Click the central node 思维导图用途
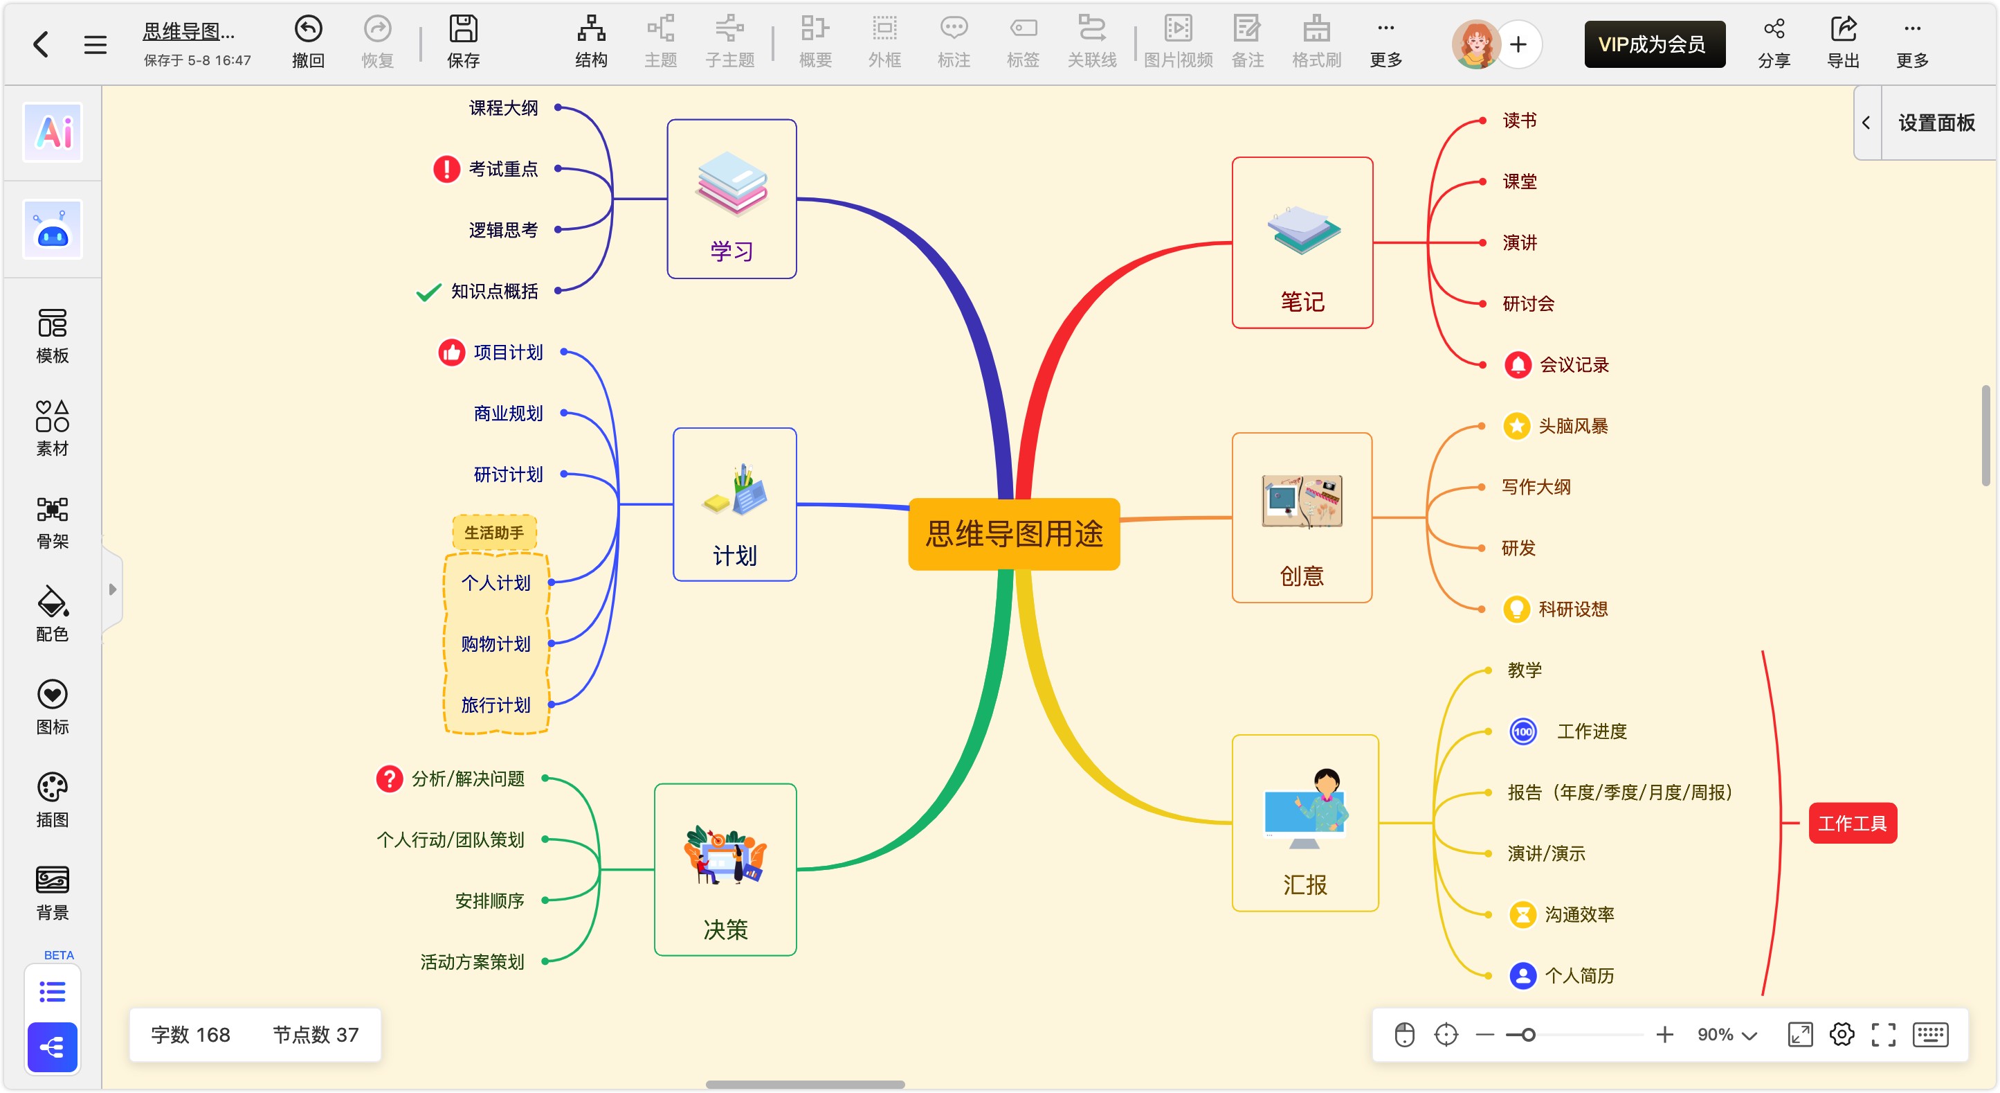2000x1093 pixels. (x=1013, y=533)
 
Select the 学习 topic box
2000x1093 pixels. (x=731, y=199)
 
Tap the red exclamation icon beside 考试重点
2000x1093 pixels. (x=446, y=168)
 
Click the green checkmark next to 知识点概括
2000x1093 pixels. (x=428, y=292)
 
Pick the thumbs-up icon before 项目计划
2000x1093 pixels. (x=451, y=353)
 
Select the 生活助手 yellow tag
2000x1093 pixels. (x=494, y=533)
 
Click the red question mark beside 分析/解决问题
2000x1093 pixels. (x=389, y=779)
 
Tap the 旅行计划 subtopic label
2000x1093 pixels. (x=496, y=704)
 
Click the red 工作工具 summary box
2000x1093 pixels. (x=1852, y=823)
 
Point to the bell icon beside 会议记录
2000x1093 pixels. (x=1517, y=364)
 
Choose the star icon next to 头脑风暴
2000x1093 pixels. (x=1516, y=426)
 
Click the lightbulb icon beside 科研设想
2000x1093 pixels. (x=1516, y=609)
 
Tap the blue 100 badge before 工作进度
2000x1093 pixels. (x=1522, y=731)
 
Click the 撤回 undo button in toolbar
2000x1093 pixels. (x=308, y=43)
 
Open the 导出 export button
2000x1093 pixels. (x=1843, y=43)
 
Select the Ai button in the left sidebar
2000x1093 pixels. (x=53, y=132)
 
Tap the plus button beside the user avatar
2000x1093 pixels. (x=1518, y=44)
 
